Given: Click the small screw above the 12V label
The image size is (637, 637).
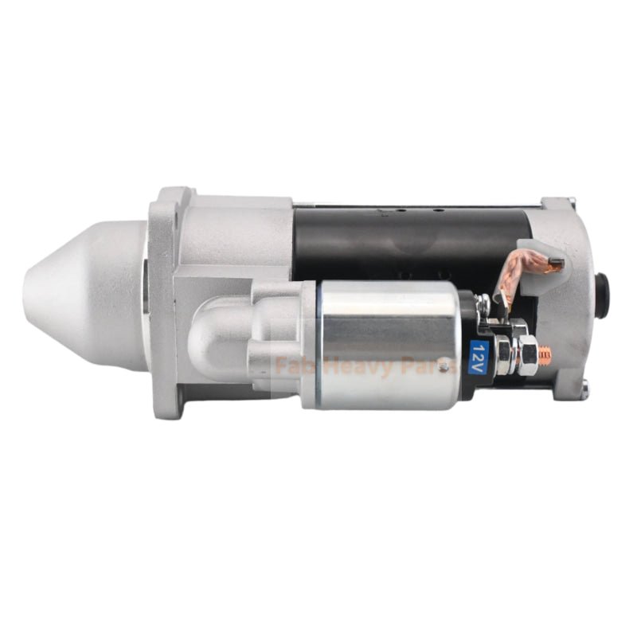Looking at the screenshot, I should point(483,303).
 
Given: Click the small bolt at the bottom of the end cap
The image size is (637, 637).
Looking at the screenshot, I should point(585,388).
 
